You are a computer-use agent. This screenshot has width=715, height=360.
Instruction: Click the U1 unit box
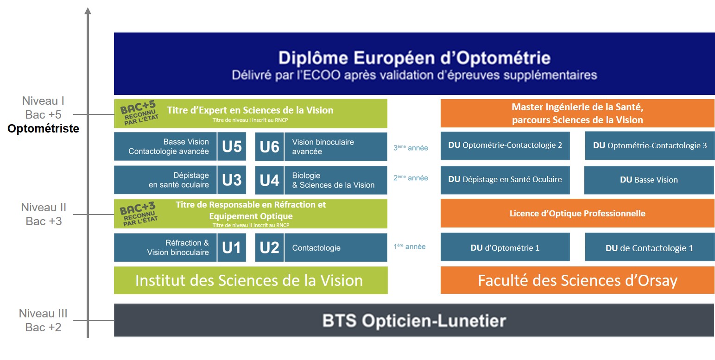[x=231, y=247]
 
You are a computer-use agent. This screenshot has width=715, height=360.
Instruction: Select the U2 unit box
[x=269, y=247]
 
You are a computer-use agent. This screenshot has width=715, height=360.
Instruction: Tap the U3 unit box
[x=231, y=180]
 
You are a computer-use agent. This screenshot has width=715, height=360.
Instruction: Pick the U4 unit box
[x=269, y=180]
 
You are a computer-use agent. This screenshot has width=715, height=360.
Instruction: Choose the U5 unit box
[x=231, y=146]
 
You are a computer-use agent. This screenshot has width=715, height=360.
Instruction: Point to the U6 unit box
[x=269, y=146]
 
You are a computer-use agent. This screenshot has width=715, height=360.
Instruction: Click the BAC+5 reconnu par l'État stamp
[x=138, y=113]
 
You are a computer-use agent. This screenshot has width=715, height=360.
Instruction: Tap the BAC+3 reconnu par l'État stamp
[x=138, y=214]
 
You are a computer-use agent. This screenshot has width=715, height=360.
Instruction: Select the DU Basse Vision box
[x=649, y=180]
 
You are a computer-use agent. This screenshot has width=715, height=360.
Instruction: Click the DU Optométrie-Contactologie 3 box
[x=650, y=145]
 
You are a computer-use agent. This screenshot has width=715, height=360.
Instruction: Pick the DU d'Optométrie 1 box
[x=505, y=248]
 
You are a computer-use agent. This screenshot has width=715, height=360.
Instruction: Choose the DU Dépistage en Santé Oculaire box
[x=505, y=179]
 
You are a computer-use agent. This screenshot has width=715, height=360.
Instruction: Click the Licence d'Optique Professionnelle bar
[x=577, y=214]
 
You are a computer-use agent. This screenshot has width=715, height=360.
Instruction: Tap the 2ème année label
[x=410, y=177]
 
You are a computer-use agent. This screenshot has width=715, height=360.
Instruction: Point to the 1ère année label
[x=410, y=247]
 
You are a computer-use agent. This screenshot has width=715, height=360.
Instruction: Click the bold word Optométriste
[x=43, y=128]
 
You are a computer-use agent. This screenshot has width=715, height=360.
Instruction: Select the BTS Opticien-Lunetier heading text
[x=414, y=321]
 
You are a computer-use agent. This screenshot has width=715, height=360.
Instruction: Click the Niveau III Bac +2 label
[x=43, y=320]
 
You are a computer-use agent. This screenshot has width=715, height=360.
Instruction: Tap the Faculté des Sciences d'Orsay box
[x=577, y=280]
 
